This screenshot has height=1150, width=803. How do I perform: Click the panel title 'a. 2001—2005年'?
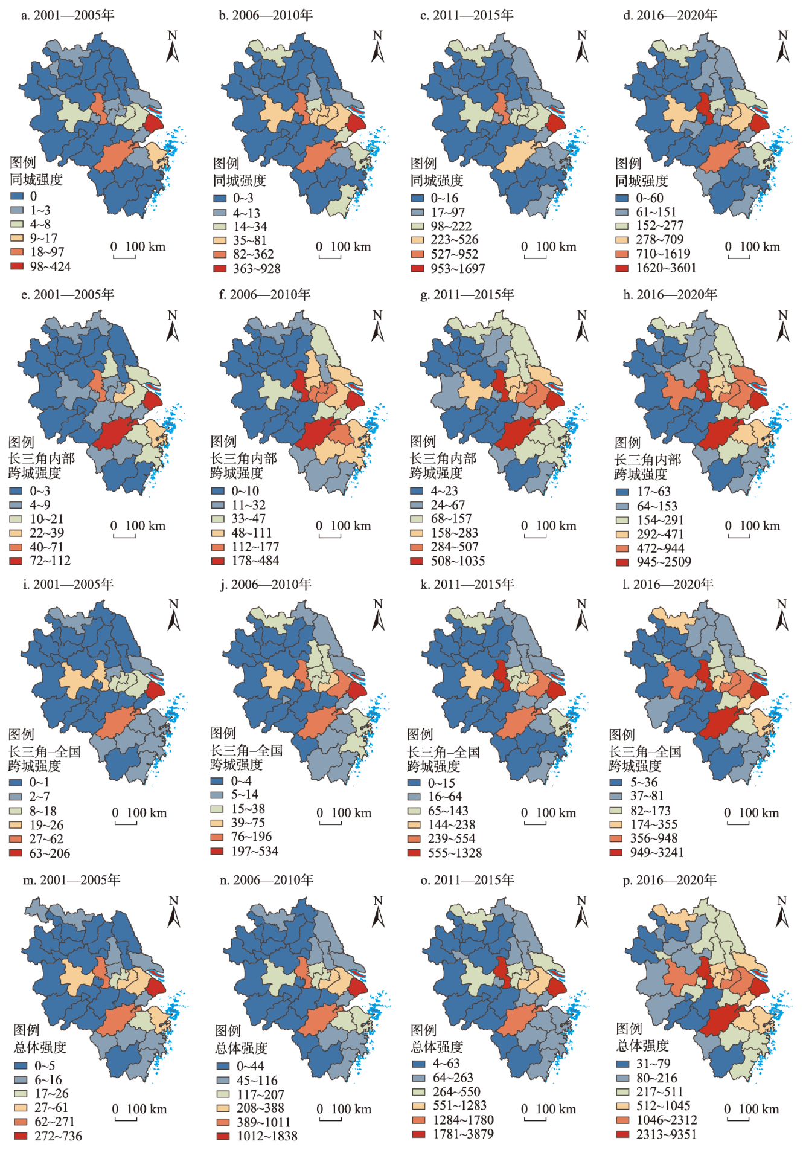pos(68,15)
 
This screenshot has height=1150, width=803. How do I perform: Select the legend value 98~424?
pos(50,266)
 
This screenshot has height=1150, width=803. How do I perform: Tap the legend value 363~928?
pos(257,268)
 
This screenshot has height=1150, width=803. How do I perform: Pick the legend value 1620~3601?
pos(666,268)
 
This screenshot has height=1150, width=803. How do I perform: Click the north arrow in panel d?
pos(782,47)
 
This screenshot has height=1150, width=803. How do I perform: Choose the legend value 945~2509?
pos(664,562)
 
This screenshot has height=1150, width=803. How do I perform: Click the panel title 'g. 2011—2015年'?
pos(467,294)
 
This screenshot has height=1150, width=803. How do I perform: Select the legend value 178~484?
pos(255,561)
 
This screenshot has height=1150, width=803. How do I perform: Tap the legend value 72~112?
pos(50,561)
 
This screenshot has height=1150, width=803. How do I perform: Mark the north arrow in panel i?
pos(174,615)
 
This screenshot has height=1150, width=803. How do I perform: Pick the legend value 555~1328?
pos(455,853)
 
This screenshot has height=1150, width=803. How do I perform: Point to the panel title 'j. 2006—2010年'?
pos(266,584)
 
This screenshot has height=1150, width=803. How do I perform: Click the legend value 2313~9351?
pos(666,1134)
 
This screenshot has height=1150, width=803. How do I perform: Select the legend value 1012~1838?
pos(267,1136)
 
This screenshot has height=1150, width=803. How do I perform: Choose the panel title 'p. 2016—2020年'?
pos(670,879)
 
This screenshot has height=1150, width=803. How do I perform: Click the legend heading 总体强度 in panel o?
pos(437,1046)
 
